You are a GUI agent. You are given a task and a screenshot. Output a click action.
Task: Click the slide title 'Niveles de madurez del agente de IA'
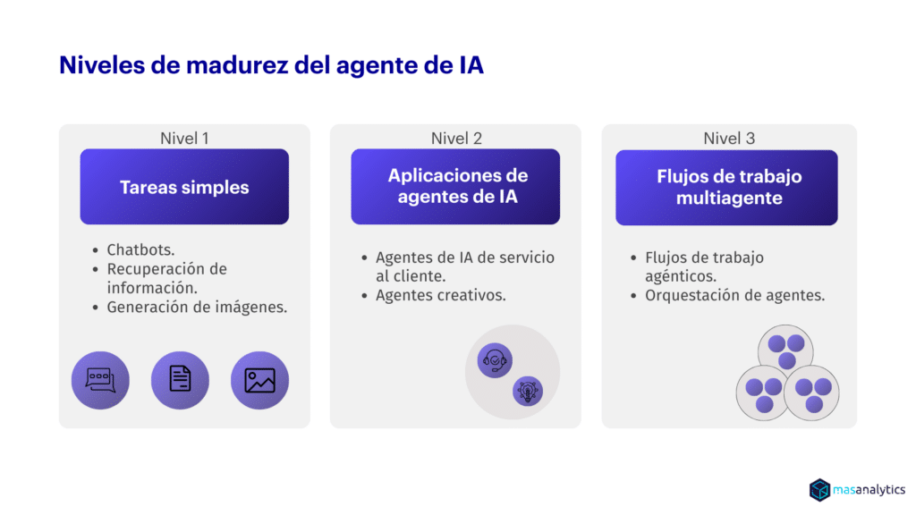(x=272, y=64)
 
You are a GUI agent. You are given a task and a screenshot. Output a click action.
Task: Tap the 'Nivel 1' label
(x=184, y=139)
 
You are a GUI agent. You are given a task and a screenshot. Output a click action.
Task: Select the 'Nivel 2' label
(x=456, y=139)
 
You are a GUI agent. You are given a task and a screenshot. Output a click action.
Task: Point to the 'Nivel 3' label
(x=729, y=139)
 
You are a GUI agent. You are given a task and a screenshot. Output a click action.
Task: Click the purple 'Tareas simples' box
(x=184, y=187)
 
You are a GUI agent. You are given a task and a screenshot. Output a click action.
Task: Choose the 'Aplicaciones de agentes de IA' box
(x=455, y=187)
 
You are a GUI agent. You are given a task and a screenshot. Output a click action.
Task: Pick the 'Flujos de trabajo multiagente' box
(x=726, y=188)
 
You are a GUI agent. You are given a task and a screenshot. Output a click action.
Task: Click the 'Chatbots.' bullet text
(x=140, y=250)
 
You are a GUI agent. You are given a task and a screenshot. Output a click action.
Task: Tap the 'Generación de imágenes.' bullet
(x=197, y=308)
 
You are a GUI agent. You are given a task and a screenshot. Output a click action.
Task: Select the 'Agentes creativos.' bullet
(x=440, y=295)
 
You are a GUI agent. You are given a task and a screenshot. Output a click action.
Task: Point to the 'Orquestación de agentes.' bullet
(x=735, y=295)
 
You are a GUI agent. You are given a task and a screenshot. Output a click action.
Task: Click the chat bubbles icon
(x=100, y=380)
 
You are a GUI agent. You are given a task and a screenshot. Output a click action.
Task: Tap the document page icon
(x=180, y=380)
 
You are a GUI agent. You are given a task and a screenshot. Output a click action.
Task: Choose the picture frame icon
(x=260, y=380)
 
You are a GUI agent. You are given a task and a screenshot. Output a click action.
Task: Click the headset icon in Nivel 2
(x=495, y=360)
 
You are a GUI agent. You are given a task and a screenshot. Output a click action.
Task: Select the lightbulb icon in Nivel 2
(x=528, y=392)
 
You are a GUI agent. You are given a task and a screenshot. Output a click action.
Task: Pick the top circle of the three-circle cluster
(x=785, y=350)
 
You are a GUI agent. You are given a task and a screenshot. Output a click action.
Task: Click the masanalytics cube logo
(x=819, y=490)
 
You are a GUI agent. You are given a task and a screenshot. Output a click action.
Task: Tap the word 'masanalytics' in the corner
(x=869, y=490)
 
